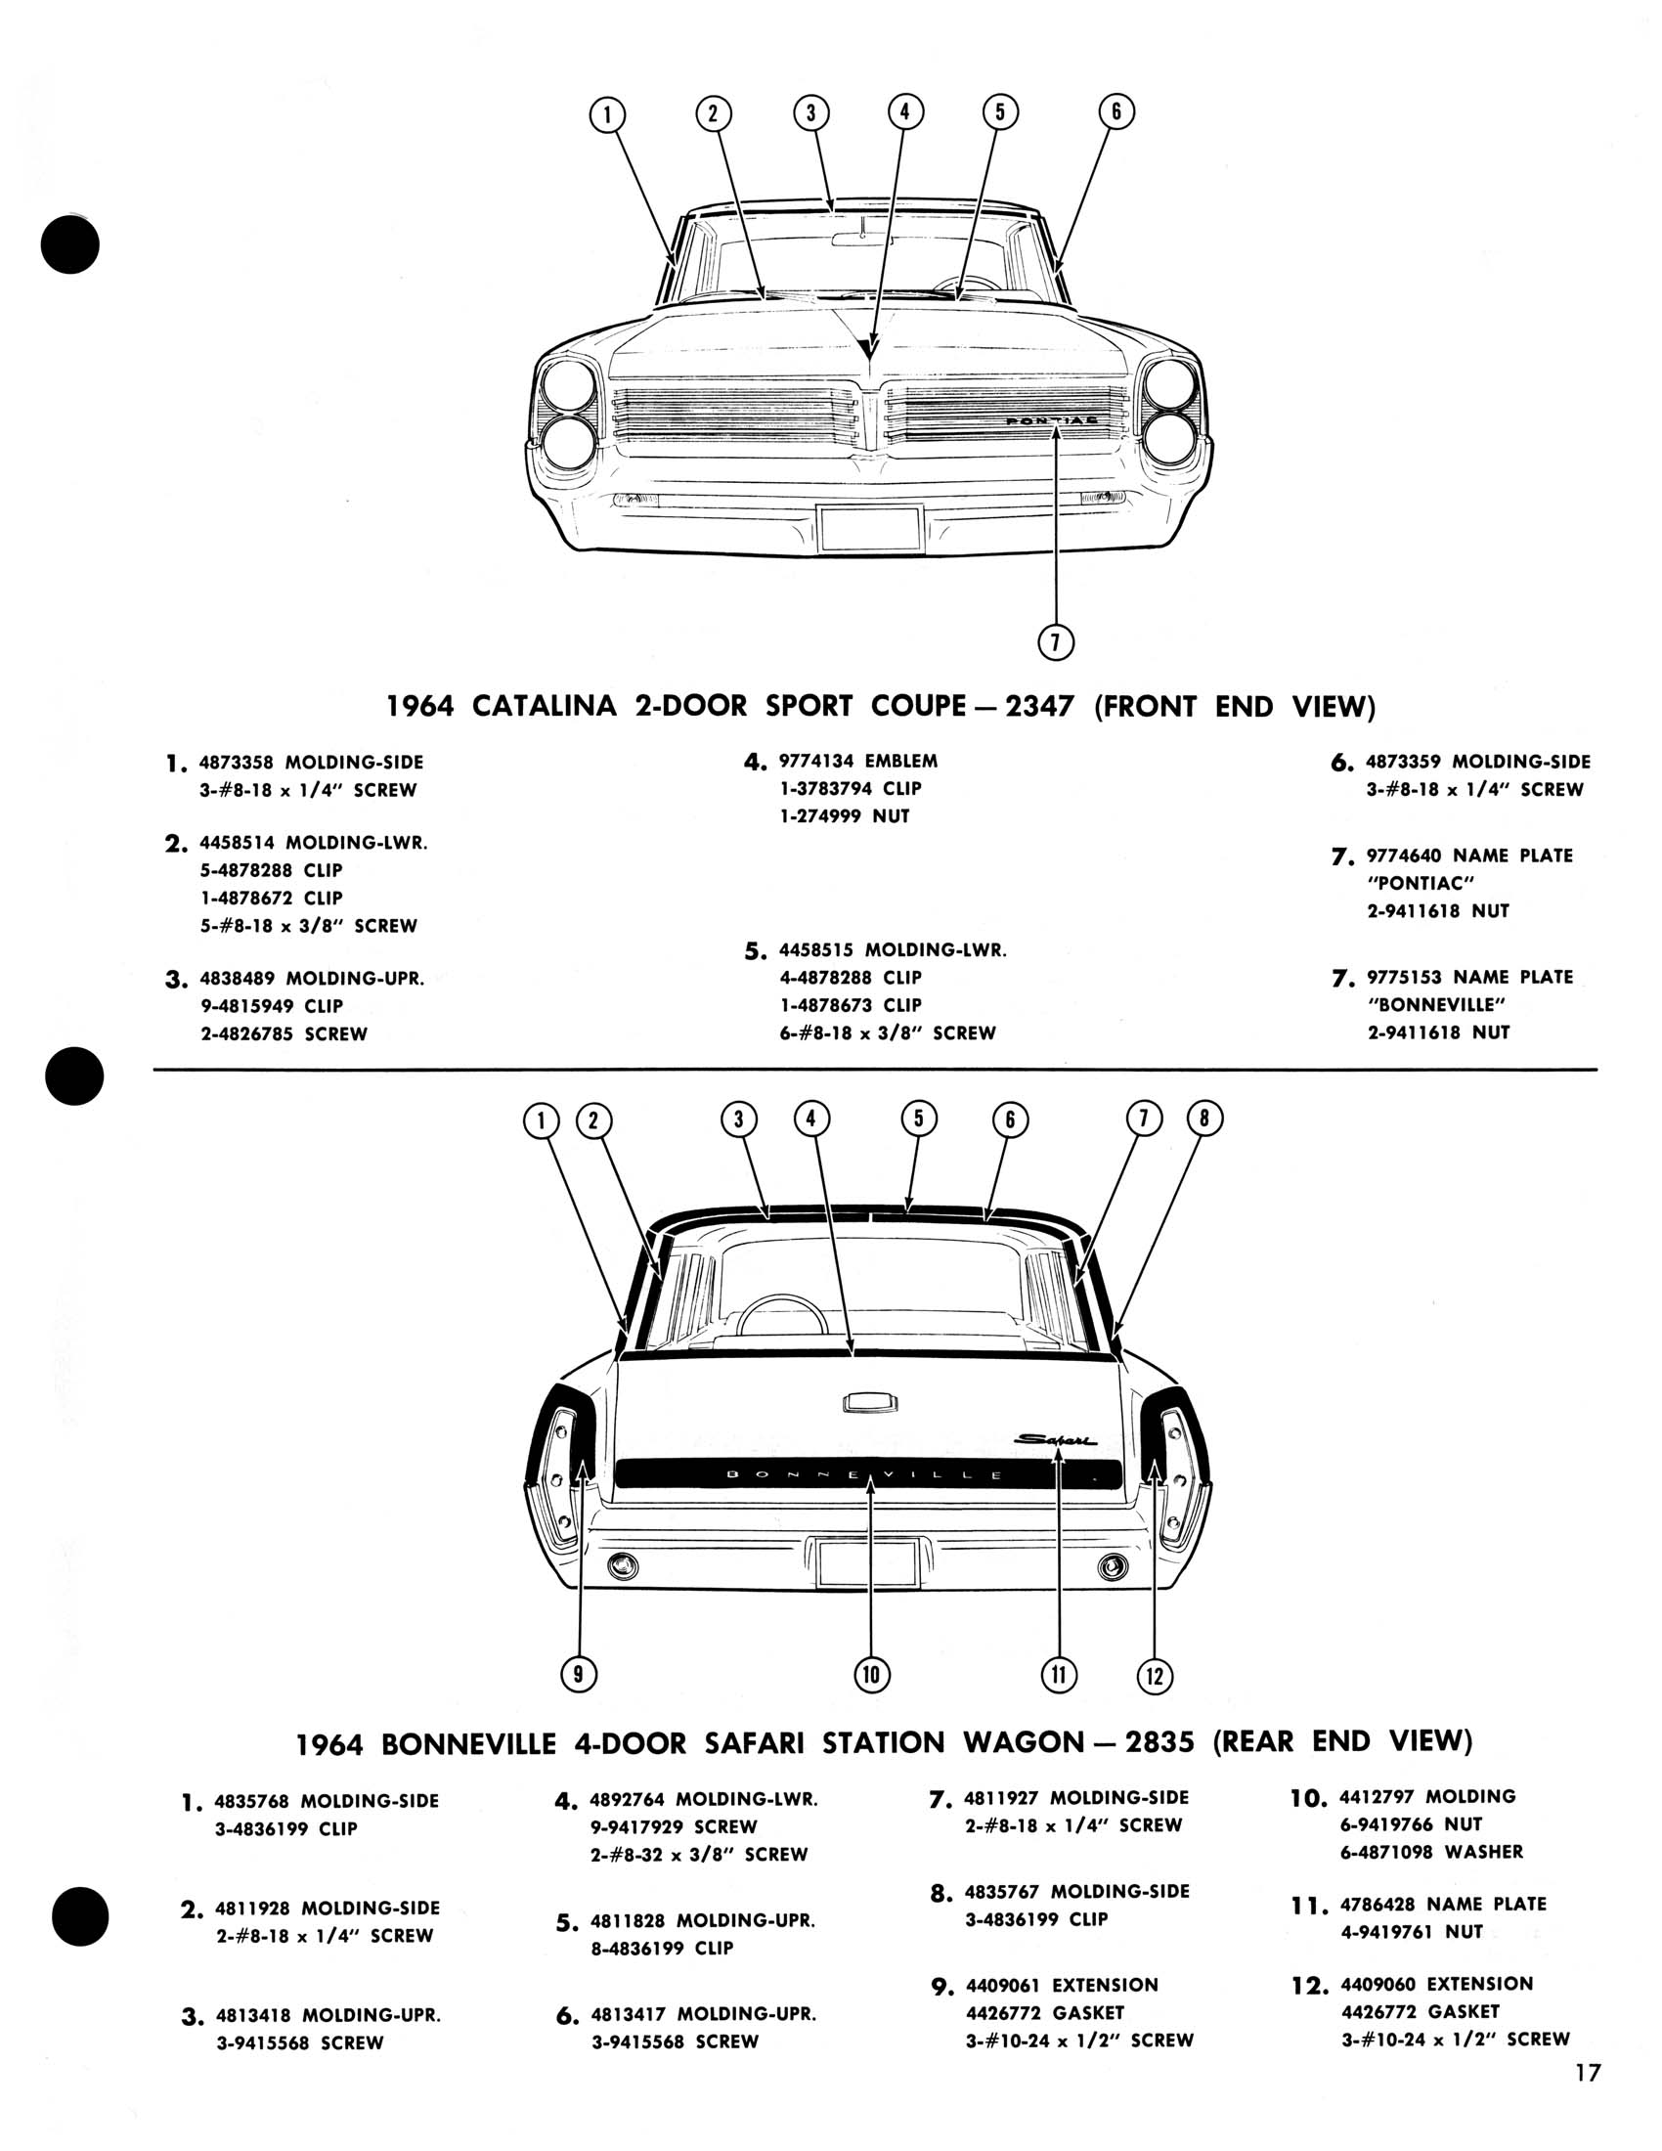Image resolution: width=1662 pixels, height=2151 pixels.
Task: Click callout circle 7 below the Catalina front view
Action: (1056, 643)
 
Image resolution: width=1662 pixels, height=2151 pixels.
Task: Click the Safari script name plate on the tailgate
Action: (1056, 1440)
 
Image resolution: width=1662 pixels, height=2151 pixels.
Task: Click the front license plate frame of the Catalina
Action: (870, 528)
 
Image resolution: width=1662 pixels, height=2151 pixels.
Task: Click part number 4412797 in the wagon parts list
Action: (1377, 1797)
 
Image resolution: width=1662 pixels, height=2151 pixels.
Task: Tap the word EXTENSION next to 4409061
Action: (1105, 1986)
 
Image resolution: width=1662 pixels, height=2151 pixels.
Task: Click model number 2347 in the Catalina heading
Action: (1037, 706)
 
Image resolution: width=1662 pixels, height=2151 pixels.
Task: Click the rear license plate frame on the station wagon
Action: (866, 1563)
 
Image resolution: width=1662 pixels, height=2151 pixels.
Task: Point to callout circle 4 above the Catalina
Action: (905, 111)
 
